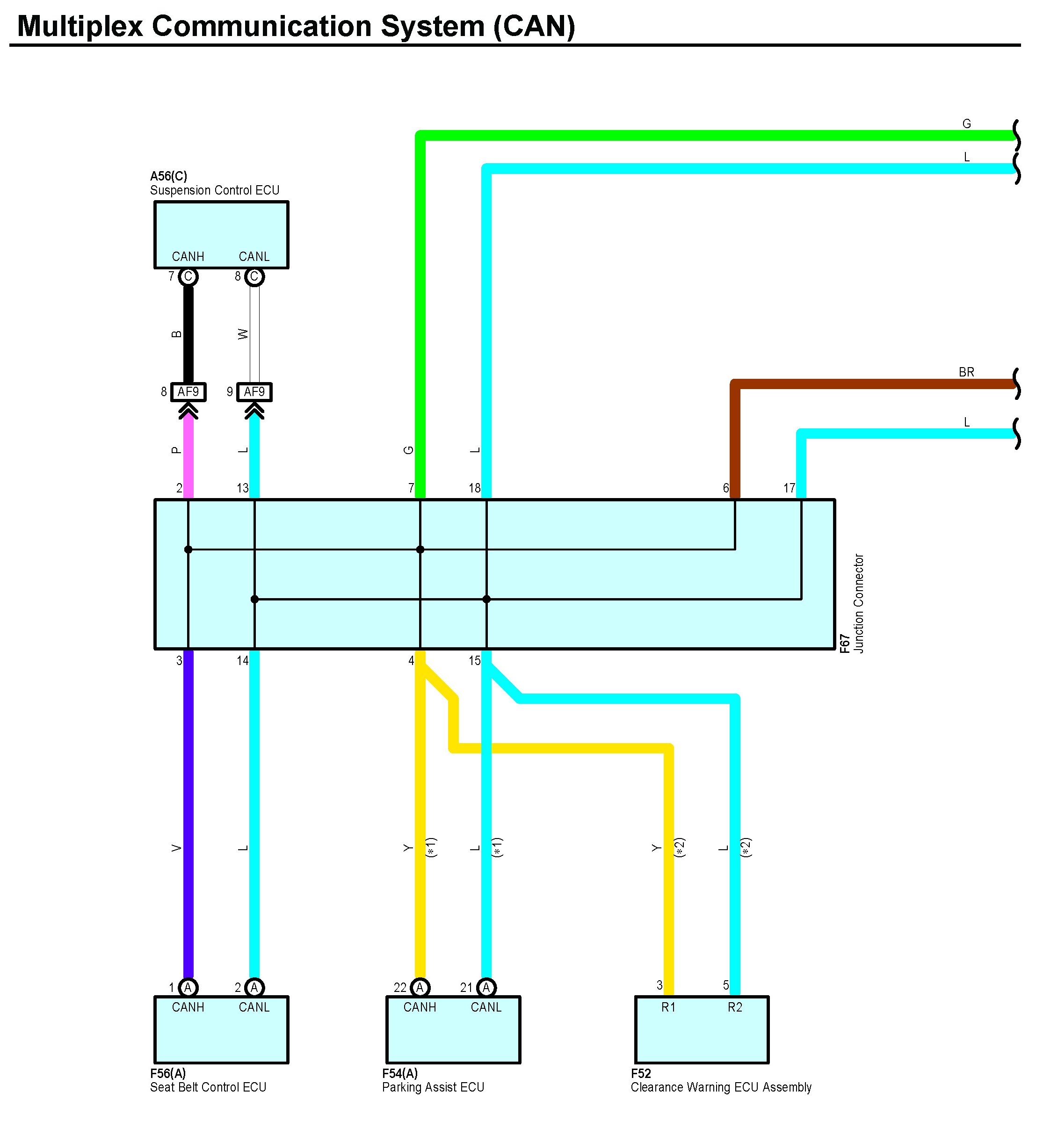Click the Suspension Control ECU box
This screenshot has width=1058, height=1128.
coord(221,227)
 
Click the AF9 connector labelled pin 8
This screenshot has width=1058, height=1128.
coord(188,392)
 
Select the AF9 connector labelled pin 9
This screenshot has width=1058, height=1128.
coord(254,392)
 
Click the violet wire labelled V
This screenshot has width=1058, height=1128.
coord(188,823)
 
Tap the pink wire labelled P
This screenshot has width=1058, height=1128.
coord(188,454)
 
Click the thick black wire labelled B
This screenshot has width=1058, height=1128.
coord(188,335)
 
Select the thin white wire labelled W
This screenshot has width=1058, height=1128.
coord(255,335)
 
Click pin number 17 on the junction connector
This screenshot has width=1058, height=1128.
coord(789,488)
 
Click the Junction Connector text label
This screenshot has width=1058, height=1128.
coord(859,603)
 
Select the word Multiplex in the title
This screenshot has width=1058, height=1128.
coord(80,26)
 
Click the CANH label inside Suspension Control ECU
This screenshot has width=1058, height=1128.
coord(188,256)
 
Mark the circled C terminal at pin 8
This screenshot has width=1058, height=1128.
coord(254,277)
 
